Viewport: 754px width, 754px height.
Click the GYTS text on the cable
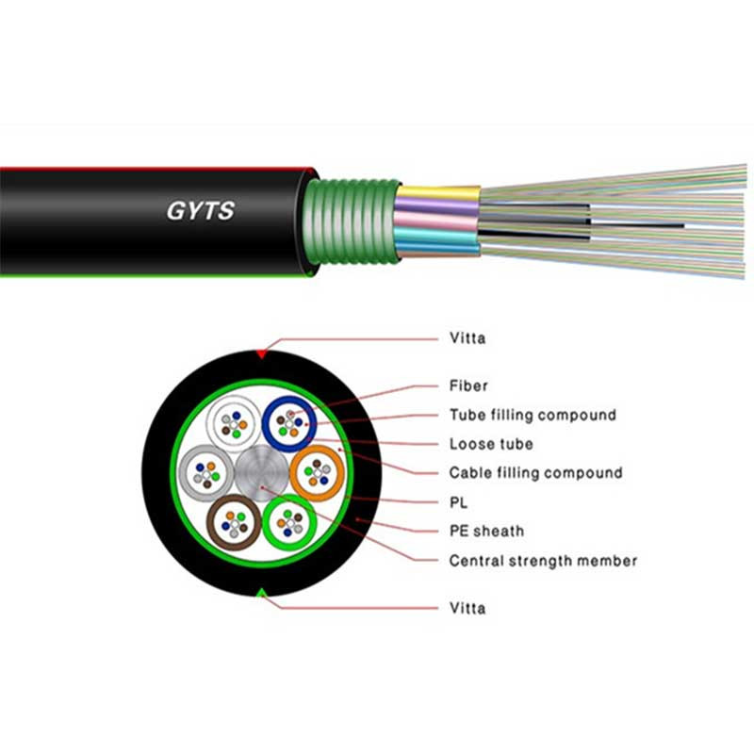pyautogui.click(x=200, y=210)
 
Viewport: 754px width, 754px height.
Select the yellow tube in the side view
pyautogui.click(x=437, y=195)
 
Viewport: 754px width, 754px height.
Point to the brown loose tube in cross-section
pyautogui.click(x=233, y=520)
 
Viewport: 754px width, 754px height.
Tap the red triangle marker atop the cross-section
pyautogui.click(x=261, y=353)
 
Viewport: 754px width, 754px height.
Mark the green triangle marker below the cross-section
pyautogui.click(x=261, y=592)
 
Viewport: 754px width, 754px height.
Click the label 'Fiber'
pyautogui.click(x=468, y=385)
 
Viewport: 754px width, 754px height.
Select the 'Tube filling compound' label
pyautogui.click(x=533, y=415)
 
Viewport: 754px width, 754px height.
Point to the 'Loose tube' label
pyautogui.click(x=491, y=444)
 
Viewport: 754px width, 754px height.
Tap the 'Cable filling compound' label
pyautogui.click(x=535, y=473)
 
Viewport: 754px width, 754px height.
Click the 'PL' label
pyautogui.click(x=459, y=502)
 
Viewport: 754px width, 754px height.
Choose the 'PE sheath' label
pyautogui.click(x=486, y=532)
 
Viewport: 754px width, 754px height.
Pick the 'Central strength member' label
pyautogui.click(x=543, y=561)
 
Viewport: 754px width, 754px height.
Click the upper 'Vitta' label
pyautogui.click(x=467, y=338)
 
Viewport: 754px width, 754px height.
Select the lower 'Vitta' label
pyautogui.click(x=467, y=608)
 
